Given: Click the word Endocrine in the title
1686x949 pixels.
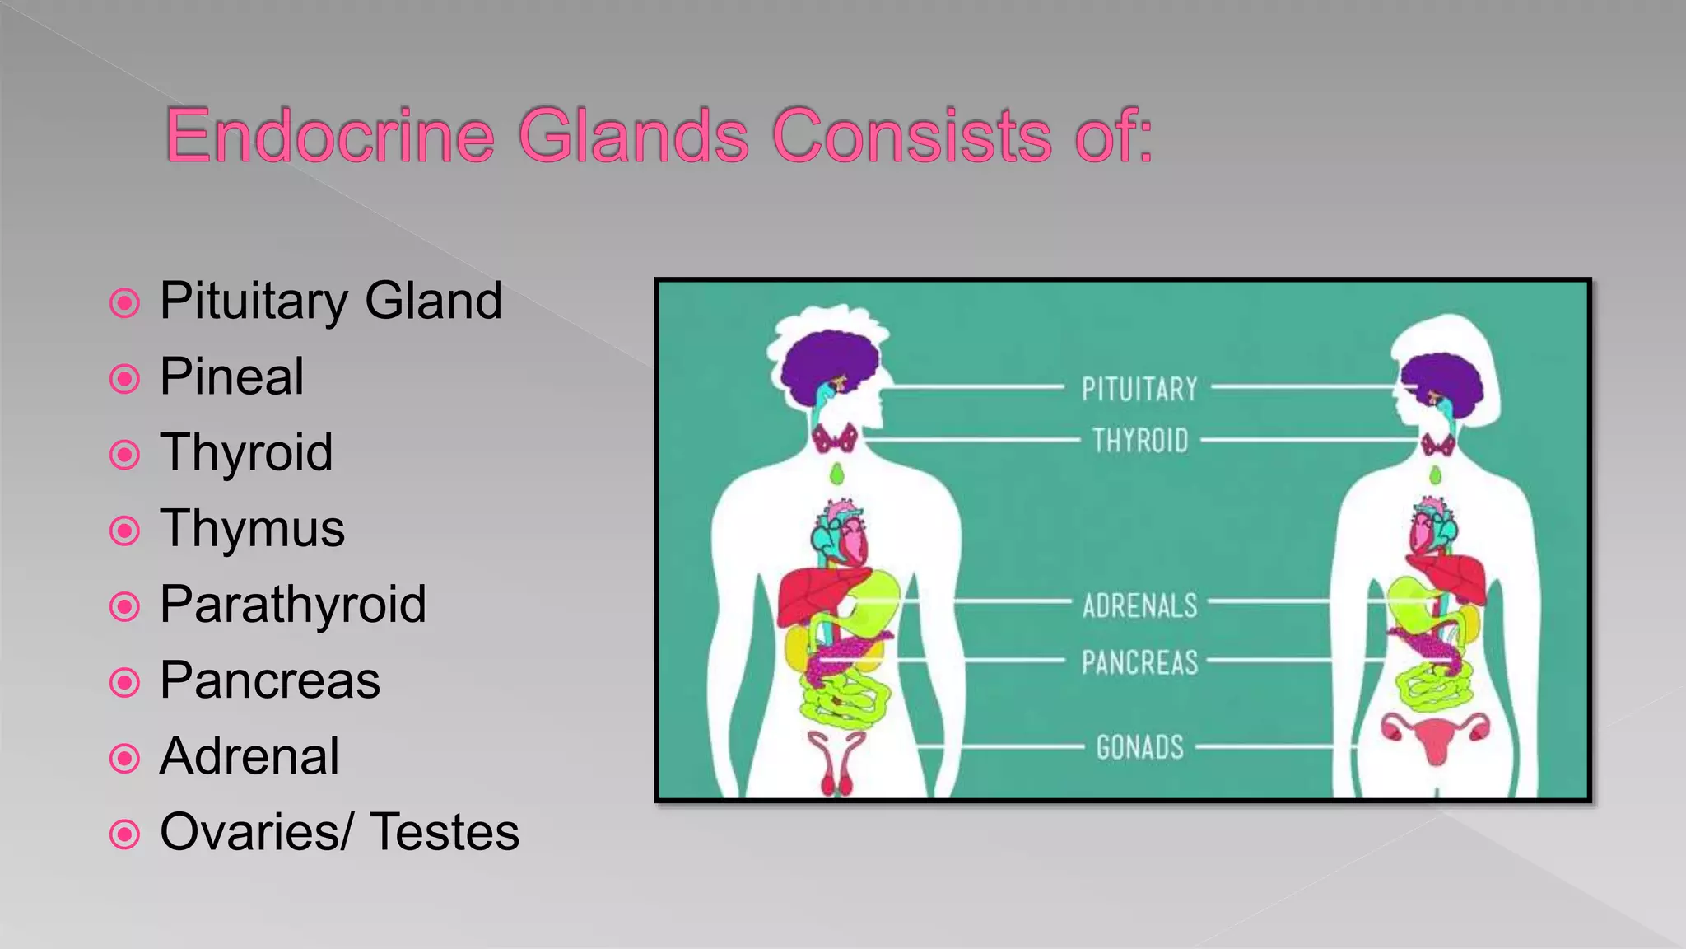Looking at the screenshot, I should (x=329, y=135).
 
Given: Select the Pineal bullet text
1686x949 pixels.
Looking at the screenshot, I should (x=231, y=376).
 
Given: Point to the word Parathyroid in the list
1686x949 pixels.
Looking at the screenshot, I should (x=292, y=604).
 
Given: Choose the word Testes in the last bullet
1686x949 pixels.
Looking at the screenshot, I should (x=445, y=832).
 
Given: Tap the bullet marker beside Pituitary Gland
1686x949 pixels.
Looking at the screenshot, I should (x=124, y=303).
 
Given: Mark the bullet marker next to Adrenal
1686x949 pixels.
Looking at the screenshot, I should (x=124, y=758).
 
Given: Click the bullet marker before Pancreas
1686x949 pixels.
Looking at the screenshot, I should (x=124, y=682).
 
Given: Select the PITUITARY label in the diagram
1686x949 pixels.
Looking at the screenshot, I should (x=1139, y=389).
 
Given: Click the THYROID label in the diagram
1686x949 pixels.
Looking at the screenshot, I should (x=1140, y=441).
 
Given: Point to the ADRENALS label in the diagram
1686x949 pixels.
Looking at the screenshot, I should (x=1139, y=606).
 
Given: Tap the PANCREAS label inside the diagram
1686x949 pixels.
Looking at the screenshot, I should (x=1139, y=662).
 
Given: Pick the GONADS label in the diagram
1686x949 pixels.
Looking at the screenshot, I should (x=1139, y=747).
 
